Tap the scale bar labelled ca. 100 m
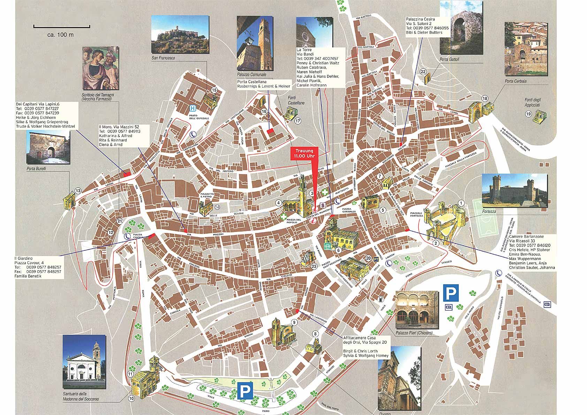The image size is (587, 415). click(x=62, y=26)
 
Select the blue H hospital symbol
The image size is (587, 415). click(x=192, y=108)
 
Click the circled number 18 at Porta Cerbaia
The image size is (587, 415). click(x=485, y=98)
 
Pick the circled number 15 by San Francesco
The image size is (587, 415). click(x=214, y=90)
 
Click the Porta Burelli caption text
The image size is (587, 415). click(x=37, y=168)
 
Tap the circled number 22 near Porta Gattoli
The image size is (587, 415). click(x=423, y=72)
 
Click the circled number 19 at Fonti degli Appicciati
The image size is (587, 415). click(x=528, y=114)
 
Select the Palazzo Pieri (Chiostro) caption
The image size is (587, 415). click(x=414, y=333)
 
